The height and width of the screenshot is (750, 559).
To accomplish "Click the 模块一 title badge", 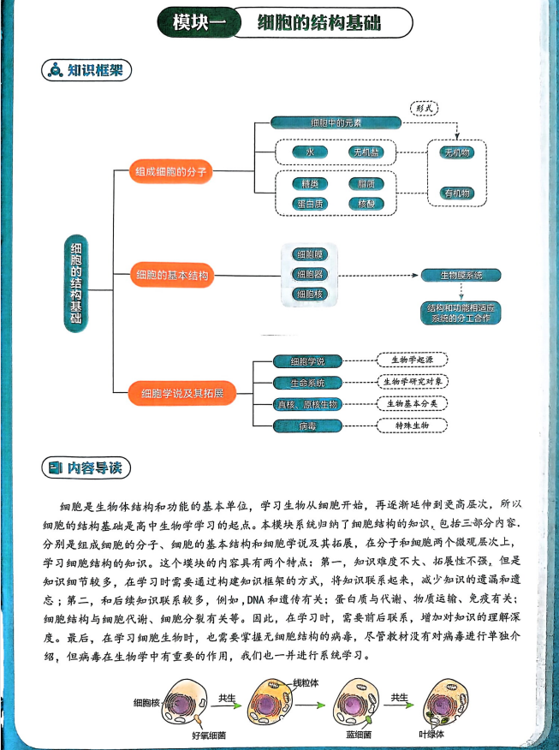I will pyautogui.click(x=194, y=23).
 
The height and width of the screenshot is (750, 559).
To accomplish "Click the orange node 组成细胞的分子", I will pyautogui.click(x=171, y=172).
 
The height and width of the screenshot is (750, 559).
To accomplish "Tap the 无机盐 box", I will pyautogui.click(x=365, y=152).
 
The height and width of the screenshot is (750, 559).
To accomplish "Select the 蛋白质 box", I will pyautogui.click(x=305, y=204).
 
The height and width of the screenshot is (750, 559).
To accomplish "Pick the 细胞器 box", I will pyautogui.click(x=308, y=274).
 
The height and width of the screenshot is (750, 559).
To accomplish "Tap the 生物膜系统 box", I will pyautogui.click(x=461, y=275).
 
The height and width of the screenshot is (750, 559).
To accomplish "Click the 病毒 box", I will pyautogui.click(x=309, y=424).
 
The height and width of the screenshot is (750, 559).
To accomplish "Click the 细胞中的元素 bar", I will pyautogui.click(x=336, y=122).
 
